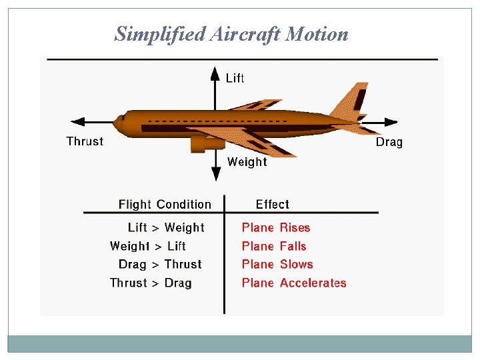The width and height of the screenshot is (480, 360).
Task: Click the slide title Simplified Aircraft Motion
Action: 231,34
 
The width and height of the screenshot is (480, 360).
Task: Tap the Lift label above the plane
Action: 235,79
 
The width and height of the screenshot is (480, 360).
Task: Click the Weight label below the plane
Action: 247,161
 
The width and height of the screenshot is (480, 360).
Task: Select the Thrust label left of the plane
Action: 85,141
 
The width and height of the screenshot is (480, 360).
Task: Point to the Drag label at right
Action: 389,142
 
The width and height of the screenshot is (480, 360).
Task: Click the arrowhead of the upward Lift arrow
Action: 215,72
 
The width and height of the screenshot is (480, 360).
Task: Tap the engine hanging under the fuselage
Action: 200,143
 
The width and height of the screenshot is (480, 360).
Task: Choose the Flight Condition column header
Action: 165,205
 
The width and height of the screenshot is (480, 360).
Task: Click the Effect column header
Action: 272,205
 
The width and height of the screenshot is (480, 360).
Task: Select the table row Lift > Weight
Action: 166,228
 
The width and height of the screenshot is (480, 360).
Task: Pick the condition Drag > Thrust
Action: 160,265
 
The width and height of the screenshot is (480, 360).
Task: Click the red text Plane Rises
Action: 276,228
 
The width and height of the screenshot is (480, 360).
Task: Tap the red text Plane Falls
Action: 274,246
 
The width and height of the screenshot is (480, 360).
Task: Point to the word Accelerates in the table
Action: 313,283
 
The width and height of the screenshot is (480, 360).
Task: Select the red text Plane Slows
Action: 277,265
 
